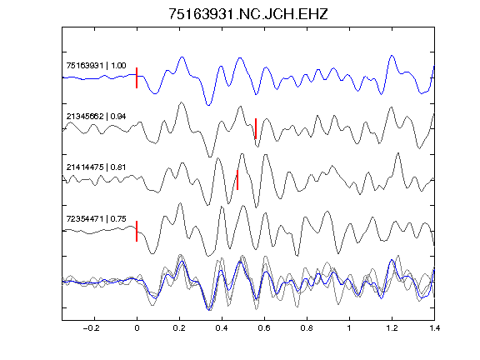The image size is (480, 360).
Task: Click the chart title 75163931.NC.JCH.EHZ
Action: tap(248, 14)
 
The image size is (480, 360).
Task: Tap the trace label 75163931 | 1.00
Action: tap(96, 66)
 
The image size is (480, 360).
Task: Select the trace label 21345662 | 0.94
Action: tap(96, 117)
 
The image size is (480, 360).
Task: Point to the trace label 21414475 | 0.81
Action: tap(96, 167)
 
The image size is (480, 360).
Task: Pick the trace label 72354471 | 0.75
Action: tap(96, 218)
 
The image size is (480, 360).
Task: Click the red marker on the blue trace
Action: tap(137, 77)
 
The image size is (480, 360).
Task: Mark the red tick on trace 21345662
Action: tap(256, 128)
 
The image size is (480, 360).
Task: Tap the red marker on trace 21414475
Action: tap(237, 180)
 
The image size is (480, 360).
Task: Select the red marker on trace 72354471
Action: tap(137, 231)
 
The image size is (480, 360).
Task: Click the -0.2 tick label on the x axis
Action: tap(91, 328)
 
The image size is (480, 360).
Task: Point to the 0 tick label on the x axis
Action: tap(137, 328)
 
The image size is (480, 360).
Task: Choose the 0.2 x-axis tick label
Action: tap(179, 328)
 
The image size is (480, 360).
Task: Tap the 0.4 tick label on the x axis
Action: tap(222, 328)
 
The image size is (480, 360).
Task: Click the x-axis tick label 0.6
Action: tap(264, 328)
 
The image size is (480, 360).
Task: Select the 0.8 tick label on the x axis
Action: tap(307, 328)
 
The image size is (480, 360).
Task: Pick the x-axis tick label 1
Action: tap(349, 328)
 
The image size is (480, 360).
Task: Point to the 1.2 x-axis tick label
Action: tap(392, 328)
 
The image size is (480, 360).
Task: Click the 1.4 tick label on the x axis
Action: tap(434, 328)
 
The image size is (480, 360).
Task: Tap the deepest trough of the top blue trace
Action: tap(208, 105)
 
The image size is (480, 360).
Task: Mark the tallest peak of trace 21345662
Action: tap(181, 102)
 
